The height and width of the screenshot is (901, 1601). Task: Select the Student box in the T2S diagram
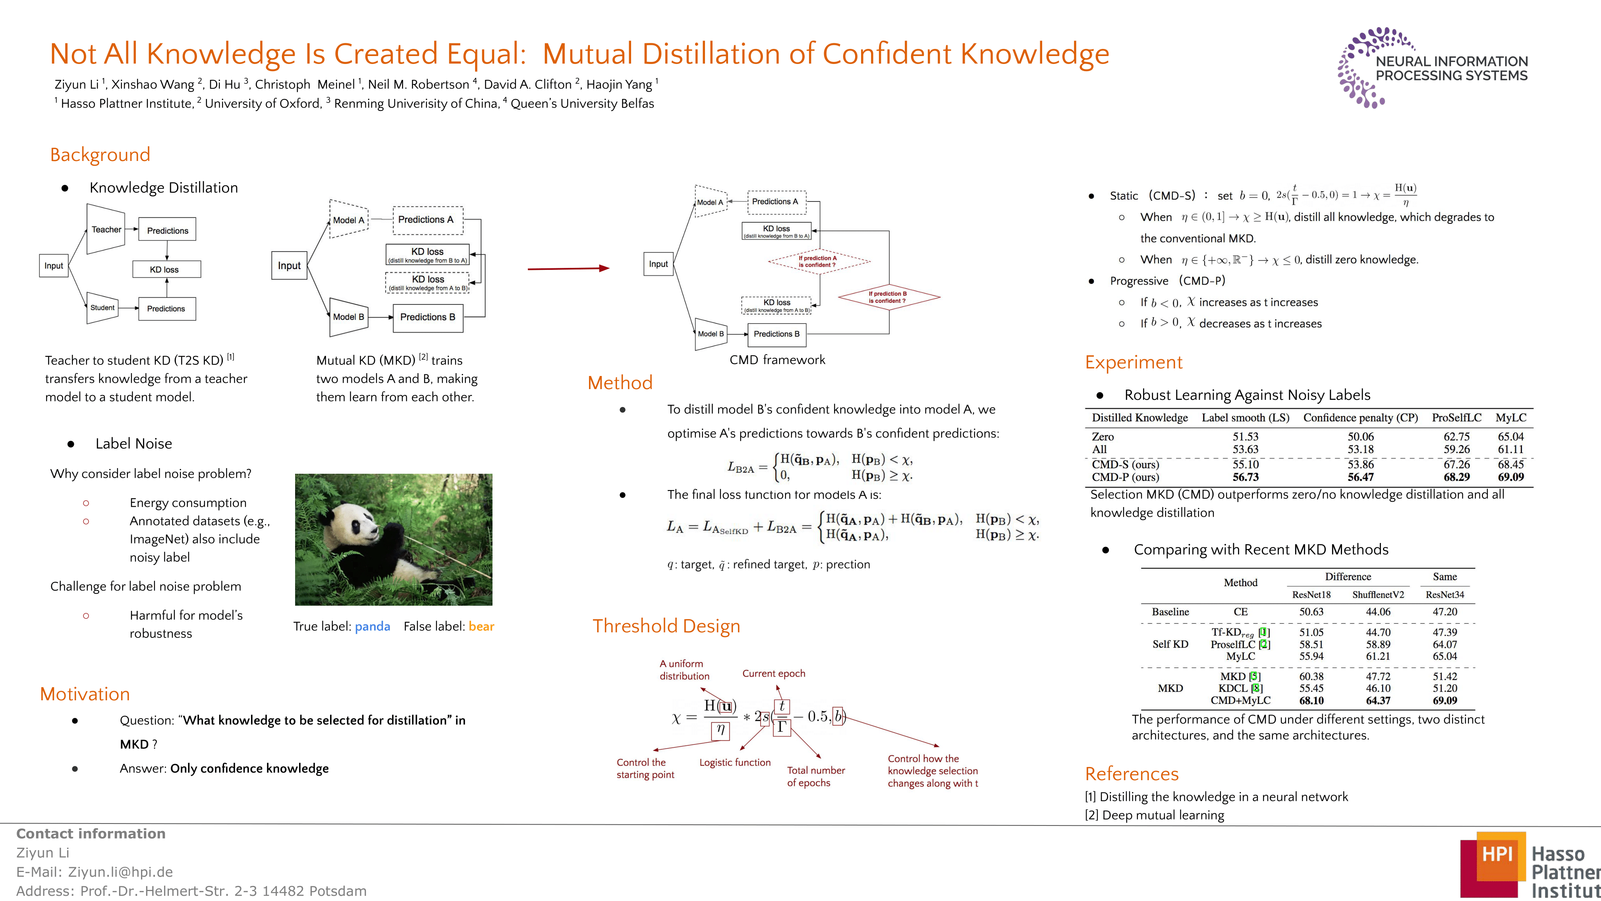102,308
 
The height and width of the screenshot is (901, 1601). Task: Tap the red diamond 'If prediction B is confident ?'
889,297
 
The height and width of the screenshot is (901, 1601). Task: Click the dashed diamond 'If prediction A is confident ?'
819,261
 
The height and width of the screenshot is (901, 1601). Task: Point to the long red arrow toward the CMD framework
568,269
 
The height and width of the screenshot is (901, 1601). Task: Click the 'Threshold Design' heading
666,626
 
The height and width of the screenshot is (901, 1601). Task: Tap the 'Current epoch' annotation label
774,673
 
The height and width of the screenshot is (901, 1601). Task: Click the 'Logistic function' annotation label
735,762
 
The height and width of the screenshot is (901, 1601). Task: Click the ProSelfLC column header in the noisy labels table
1456,418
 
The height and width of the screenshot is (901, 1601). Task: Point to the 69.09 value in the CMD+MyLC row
1445,701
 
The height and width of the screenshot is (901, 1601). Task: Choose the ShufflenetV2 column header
1378,595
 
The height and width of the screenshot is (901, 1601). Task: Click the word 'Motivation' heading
85,694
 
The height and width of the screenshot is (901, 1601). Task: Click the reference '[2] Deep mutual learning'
1154,815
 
